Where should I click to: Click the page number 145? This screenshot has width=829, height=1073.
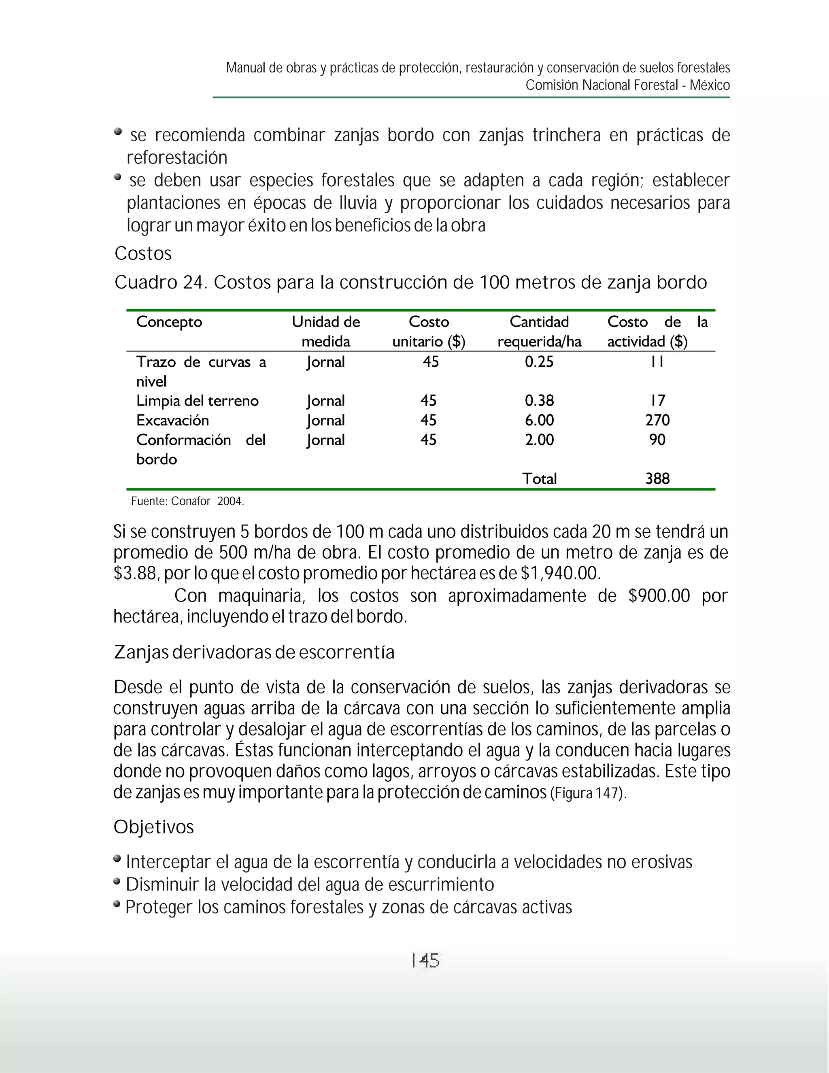(425, 960)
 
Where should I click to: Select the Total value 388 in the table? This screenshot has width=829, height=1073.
(657, 478)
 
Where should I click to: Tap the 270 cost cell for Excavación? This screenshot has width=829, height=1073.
(657, 420)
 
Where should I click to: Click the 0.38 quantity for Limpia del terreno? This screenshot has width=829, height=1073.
(539, 400)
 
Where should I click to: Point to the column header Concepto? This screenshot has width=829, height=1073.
(169, 322)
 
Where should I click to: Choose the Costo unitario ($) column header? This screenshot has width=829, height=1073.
(429, 331)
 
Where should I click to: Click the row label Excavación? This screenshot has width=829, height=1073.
(172, 420)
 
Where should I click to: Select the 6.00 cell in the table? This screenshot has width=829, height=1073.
(539, 420)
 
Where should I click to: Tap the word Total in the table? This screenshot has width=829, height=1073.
(539, 478)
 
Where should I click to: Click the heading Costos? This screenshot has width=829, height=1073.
(143, 253)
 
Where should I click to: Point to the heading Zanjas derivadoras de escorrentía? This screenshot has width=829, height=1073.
(254, 652)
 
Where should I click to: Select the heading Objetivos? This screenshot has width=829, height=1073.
(154, 827)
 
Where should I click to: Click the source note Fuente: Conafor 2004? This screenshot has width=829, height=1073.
(187, 501)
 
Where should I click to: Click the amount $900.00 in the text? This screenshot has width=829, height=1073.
(659, 595)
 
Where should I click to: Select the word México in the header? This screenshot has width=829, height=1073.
(709, 85)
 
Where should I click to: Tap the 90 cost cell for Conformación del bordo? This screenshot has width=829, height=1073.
(657, 440)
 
